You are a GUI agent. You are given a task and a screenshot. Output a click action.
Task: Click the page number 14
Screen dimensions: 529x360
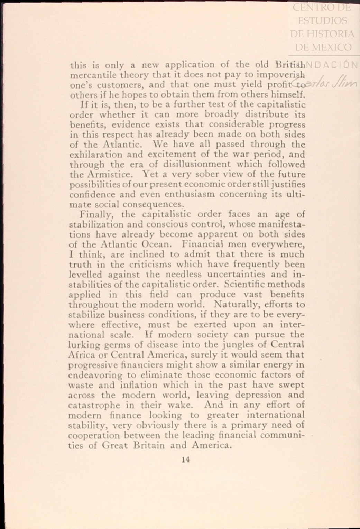tap(186, 460)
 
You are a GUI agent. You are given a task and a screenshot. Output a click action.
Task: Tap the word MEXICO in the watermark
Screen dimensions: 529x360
tap(332, 47)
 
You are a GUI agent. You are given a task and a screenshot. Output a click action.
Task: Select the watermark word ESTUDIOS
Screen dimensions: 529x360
tap(322, 21)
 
